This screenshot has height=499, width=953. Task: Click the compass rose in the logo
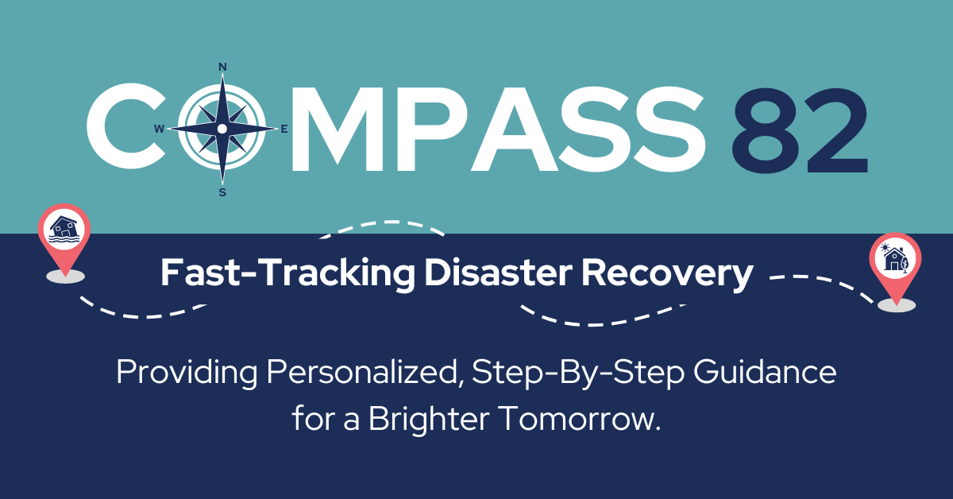222,128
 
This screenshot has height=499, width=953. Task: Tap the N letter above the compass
222,66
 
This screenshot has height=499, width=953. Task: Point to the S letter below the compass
222,192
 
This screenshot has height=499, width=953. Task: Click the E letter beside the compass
285,129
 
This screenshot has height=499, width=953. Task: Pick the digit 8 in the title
770,128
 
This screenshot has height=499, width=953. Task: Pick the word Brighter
417,419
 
